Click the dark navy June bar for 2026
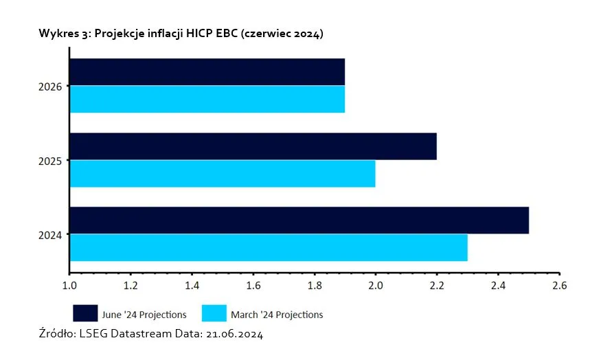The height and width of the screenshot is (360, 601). (x=207, y=71)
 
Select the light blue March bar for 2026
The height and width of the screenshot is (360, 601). (x=207, y=99)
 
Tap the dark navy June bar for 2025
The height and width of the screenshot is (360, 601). (x=253, y=146)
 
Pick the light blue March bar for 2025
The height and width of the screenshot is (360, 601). (x=223, y=173)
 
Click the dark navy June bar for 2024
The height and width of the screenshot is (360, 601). (x=299, y=220)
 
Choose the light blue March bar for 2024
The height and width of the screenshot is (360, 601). (x=269, y=247)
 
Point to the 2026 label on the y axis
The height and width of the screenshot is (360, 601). (x=52, y=87)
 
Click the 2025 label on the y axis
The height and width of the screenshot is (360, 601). (x=52, y=161)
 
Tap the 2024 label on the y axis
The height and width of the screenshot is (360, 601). (x=52, y=235)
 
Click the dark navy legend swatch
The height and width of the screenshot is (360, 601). (x=85, y=313)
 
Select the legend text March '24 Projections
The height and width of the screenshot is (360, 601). (x=277, y=315)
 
